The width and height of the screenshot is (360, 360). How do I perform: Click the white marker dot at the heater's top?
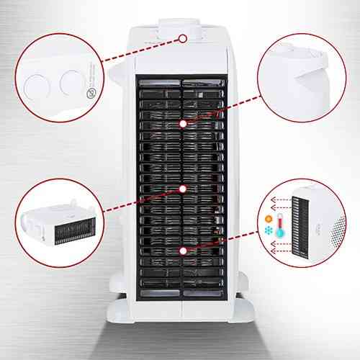click(183, 40)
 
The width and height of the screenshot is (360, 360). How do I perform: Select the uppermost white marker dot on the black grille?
click(183, 124)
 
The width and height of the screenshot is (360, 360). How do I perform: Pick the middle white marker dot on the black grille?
click(183, 189)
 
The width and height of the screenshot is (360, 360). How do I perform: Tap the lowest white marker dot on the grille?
click(183, 251)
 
